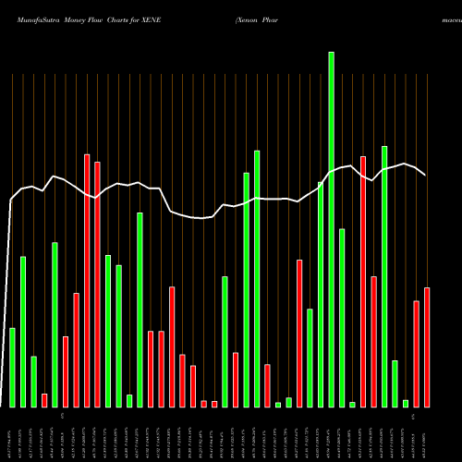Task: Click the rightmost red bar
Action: (x=426, y=346)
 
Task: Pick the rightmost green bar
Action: (x=406, y=403)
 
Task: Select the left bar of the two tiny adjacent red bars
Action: (x=204, y=403)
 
